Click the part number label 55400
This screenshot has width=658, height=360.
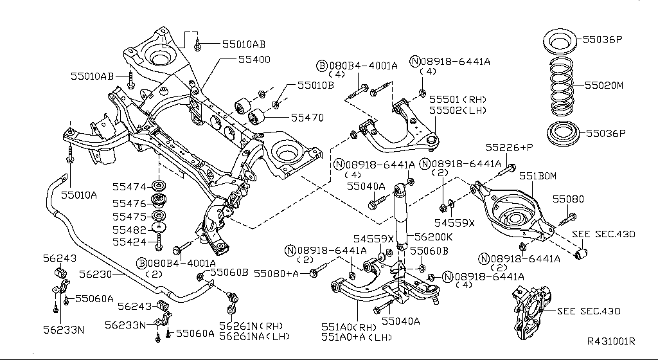[x=254, y=59]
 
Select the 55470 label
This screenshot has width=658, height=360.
[x=307, y=118]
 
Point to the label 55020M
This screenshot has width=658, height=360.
[x=603, y=85]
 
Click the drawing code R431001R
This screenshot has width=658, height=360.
[x=610, y=341]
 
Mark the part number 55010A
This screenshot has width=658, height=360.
[x=79, y=194]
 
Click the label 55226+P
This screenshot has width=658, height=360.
[x=510, y=147]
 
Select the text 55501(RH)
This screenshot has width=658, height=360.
[x=458, y=100]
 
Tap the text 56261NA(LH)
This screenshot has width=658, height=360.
[x=254, y=336]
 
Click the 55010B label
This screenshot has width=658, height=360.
[x=316, y=85]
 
